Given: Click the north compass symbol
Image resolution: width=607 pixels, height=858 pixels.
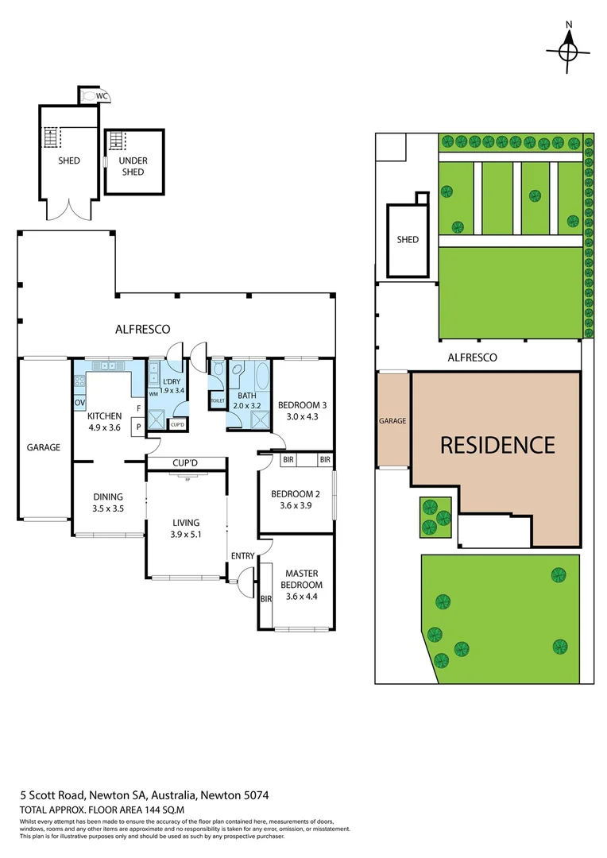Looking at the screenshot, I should [x=568, y=50].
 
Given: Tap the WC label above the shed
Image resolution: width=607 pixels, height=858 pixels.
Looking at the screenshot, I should [x=101, y=96].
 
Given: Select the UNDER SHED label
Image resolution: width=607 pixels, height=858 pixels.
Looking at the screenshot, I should [x=133, y=166].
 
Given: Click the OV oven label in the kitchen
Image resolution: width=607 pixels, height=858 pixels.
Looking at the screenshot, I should [x=79, y=403].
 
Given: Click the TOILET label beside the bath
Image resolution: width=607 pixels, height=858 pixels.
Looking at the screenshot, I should [x=218, y=401].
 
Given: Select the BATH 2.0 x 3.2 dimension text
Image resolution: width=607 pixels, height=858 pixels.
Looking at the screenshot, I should [x=247, y=405].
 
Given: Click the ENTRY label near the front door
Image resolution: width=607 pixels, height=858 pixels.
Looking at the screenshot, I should [x=242, y=555].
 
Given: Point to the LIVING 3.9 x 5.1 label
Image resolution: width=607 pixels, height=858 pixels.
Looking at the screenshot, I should [x=186, y=528].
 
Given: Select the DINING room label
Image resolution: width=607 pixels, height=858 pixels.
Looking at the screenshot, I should [x=108, y=502].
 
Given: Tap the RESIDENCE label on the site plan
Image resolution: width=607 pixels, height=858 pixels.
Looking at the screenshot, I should [x=497, y=445].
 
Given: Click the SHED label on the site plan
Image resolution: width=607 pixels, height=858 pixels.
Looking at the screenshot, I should [x=408, y=239].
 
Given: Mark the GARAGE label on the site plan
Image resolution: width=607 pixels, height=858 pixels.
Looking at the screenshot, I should [x=393, y=421].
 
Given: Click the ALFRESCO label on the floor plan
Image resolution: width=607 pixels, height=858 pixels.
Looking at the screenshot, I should [x=144, y=328].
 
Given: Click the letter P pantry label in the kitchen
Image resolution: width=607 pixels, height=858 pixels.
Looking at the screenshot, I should [x=138, y=426].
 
